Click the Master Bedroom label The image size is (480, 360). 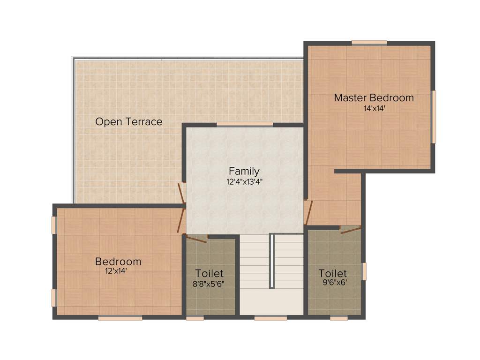pos(374,98)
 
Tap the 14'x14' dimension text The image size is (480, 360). pos(374,108)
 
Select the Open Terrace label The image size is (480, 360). pos(129,122)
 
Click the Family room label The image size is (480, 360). pos(244,171)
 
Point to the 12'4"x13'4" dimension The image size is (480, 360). pos(244,181)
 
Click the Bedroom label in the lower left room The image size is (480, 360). pos(118,262)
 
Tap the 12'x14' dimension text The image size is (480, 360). pos(116,270)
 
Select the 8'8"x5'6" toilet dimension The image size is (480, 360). pos(210,284)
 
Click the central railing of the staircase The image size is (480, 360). pos(272,261)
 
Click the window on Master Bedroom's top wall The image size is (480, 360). pos(369,43)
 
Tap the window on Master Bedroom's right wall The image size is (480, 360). pos(434,117)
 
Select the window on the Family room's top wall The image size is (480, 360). pos(245,124)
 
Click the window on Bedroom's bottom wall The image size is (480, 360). pos(120,318)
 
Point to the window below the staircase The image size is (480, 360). pos(270,318)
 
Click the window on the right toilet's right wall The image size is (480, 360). pos(364,271)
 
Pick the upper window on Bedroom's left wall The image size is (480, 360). pos(54,225)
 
